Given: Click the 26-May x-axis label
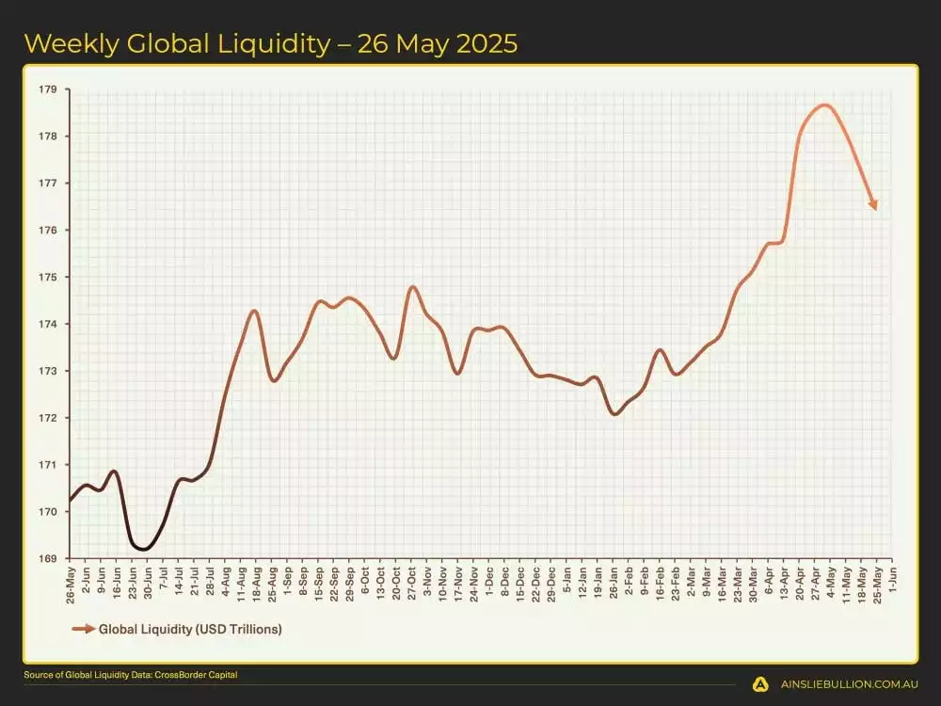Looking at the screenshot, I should [71, 583].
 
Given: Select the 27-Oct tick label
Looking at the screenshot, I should [411, 583].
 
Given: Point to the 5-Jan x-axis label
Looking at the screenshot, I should [566, 580].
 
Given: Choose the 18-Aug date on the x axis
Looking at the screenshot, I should [256, 583].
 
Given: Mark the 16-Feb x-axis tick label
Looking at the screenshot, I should [660, 583].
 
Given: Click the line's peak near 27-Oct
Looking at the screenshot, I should [412, 286].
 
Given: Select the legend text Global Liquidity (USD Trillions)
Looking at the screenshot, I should [190, 629].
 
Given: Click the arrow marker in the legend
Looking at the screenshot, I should [84, 629].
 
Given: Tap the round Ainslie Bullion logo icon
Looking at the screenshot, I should [760, 684].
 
